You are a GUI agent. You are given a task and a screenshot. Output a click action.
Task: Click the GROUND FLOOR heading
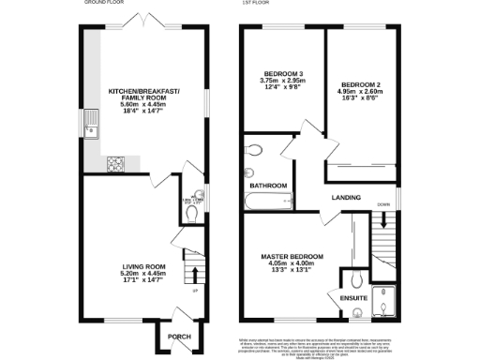coord(104,4)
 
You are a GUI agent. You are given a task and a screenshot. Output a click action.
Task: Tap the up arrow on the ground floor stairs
coord(194,275)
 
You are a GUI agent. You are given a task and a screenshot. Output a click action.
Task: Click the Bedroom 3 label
coord(281,73)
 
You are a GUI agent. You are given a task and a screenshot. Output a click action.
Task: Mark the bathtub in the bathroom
coord(268,199)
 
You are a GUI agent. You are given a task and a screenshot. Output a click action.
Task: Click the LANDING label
coord(346,198)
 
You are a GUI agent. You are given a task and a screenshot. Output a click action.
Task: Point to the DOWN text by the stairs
coord(384,203)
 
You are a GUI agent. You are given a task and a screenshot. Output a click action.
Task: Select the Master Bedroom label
coord(292,257)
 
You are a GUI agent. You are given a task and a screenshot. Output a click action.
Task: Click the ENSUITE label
coord(346,298)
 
